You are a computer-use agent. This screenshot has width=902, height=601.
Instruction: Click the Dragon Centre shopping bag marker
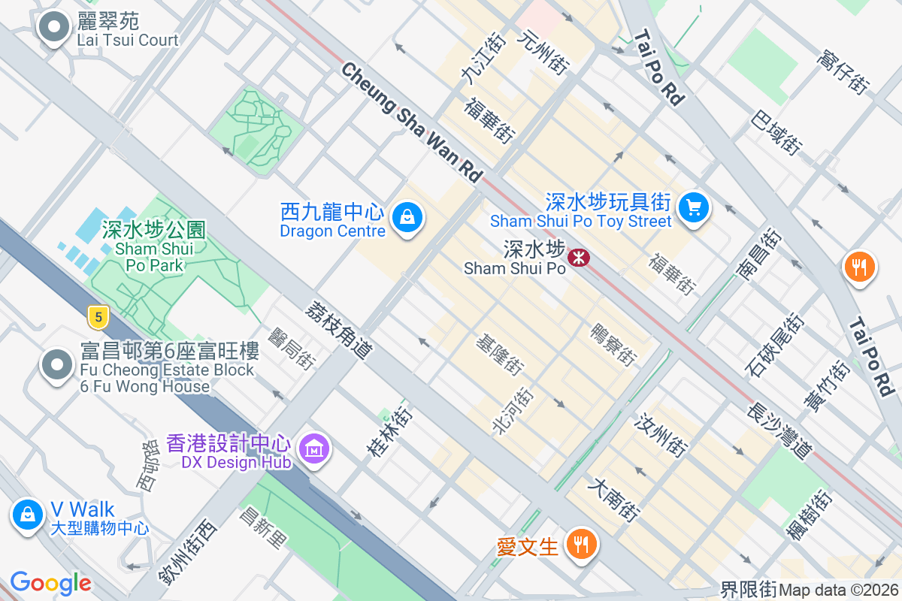point(407,218)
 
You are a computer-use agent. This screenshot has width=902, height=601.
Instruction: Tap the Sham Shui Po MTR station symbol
point(579,258)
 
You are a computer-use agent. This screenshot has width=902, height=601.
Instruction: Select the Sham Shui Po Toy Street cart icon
point(693,207)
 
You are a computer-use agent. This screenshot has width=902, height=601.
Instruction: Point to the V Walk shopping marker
point(28,515)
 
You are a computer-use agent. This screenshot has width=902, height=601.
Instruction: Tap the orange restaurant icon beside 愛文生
point(580,542)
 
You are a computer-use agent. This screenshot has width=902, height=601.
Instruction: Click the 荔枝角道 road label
point(339,330)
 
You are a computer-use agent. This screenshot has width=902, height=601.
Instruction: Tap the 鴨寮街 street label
point(613,345)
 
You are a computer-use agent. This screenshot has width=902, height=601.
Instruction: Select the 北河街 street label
point(513,411)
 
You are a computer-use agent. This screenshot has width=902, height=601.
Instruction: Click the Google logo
point(50,583)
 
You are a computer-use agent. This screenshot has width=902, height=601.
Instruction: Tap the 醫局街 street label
point(292,347)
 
